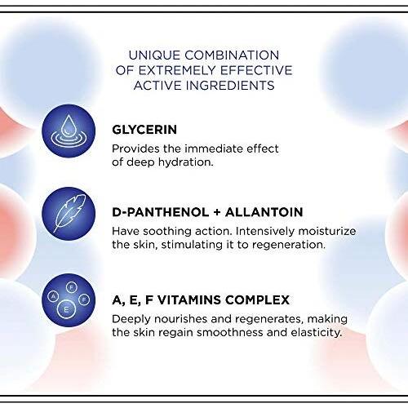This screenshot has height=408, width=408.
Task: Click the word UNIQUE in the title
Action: point(154,55)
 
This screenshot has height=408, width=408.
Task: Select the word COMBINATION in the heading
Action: point(232,55)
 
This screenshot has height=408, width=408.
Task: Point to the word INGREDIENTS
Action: point(230,86)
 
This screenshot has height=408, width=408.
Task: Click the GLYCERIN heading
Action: point(144,130)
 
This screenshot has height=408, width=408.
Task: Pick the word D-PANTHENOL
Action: point(161,212)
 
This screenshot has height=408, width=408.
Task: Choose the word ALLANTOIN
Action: point(264,212)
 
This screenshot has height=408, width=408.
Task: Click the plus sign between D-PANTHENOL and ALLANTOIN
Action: point(217,212)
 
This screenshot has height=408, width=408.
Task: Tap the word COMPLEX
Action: point(257,300)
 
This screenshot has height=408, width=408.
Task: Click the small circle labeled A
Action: point(53,296)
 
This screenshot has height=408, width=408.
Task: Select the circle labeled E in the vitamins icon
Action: point(66,309)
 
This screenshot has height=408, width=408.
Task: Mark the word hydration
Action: point(186,162)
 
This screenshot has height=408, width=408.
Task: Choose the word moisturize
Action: point(327,231)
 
